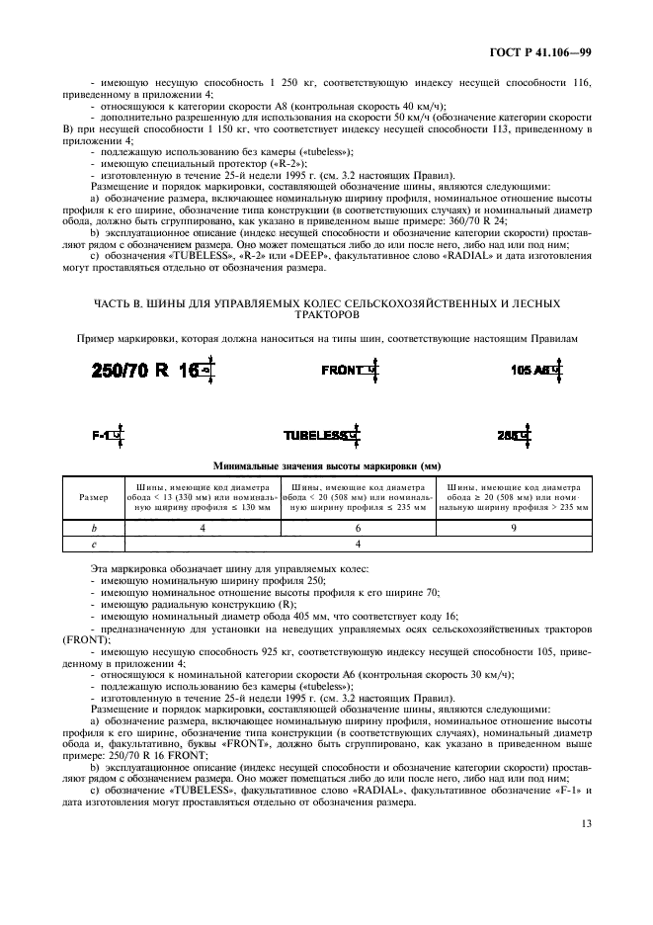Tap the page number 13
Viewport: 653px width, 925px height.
pyautogui.click(x=586, y=849)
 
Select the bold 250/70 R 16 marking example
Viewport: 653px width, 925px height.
pyautogui.click(x=144, y=372)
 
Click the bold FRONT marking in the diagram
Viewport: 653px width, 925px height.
pyautogui.click(x=343, y=370)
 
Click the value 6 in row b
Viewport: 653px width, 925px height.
pyautogui.click(x=358, y=529)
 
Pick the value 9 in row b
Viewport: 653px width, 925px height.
pyautogui.click(x=514, y=529)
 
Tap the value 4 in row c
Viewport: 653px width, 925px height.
pyautogui.click(x=358, y=543)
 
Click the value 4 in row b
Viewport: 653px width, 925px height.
pyautogui.click(x=202, y=529)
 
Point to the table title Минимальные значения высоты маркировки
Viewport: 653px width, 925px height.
pyautogui.click(x=326, y=465)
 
